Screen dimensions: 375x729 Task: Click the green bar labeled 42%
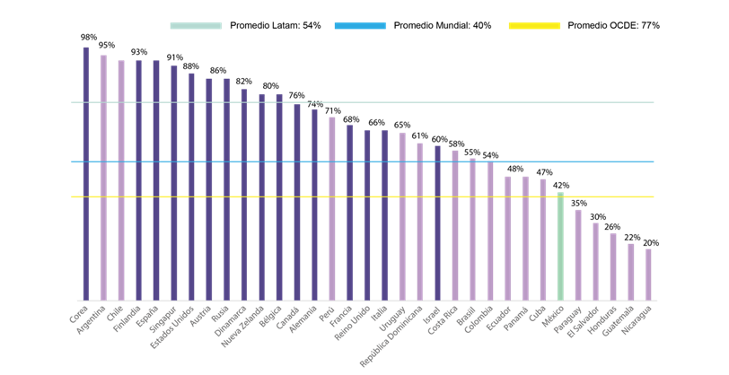click(560, 247)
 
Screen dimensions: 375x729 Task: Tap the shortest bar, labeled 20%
click(648, 275)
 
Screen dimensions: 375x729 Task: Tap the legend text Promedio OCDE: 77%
click(613, 25)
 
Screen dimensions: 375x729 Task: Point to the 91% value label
click(174, 57)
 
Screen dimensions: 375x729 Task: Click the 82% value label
click(243, 81)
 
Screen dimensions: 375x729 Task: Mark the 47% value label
click(543, 171)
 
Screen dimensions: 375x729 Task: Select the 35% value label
click(578, 203)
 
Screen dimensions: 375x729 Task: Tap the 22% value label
click(631, 237)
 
